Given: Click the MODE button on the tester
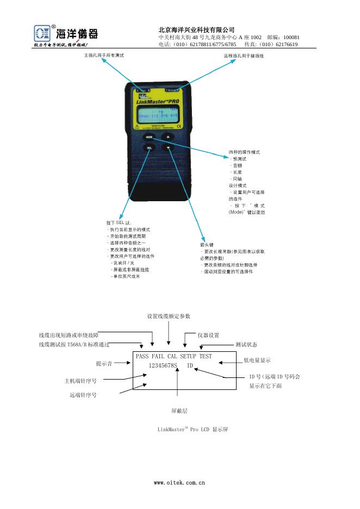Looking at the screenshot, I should point(149,136).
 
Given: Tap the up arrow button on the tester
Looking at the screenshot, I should point(169,136).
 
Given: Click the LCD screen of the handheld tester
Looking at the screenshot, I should point(159,115).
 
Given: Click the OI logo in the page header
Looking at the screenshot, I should point(42,34).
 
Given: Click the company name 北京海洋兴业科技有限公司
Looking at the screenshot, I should point(196,29).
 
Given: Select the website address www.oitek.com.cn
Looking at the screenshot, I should point(179,482).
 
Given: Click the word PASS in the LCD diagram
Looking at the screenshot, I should point(142,356).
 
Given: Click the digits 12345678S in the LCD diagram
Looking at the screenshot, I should point(164,366).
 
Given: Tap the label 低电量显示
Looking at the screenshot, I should point(257,361).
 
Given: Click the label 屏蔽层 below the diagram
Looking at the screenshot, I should point(179,411).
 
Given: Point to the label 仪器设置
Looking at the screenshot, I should point(208,335).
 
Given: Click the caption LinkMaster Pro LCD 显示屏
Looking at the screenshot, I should point(193,430).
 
